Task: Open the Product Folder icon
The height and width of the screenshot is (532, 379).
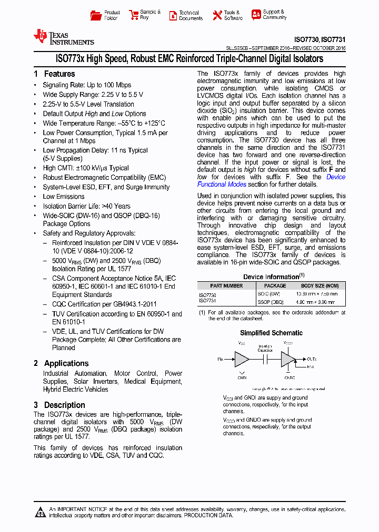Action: coord(95,15)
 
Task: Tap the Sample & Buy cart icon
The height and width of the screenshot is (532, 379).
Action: coord(133,15)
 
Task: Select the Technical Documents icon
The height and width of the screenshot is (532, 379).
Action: coord(173,16)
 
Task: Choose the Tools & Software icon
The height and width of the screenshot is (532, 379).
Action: coord(217,15)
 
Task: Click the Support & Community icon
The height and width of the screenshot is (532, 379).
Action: coord(256,15)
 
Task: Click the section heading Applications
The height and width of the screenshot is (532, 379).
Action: coord(66,363)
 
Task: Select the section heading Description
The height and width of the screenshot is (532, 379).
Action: coord(64,405)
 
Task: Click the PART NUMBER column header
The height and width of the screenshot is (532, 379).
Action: coord(226,286)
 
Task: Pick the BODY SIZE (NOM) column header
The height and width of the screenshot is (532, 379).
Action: coord(320,286)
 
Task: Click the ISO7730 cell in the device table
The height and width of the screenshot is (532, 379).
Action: coord(207,295)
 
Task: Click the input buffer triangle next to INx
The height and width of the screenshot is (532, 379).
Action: coord(242,360)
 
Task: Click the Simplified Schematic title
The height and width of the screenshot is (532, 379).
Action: coord(271,333)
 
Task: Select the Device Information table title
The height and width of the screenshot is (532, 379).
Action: coord(271,277)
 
